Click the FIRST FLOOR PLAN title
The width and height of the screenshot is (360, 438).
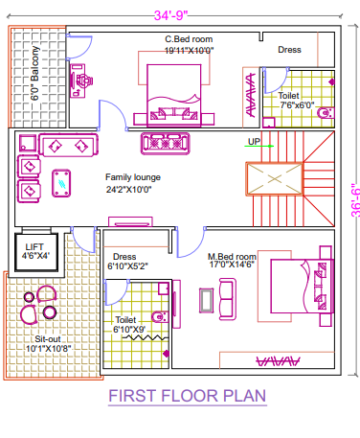pyautogui.click(x=186, y=396)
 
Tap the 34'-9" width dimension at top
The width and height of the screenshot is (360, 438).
pyautogui.click(x=179, y=14)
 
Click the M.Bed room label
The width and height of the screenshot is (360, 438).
pyautogui.click(x=233, y=257)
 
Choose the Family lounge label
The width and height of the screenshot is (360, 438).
pyautogui.click(x=133, y=177)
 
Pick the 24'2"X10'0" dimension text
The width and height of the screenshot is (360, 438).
pyautogui.click(x=133, y=189)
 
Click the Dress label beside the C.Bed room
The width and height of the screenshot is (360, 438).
pyautogui.click(x=289, y=49)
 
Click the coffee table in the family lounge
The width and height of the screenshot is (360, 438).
pyautogui.click(x=64, y=178)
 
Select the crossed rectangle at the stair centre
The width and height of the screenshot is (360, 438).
pyautogui.click(x=274, y=179)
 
